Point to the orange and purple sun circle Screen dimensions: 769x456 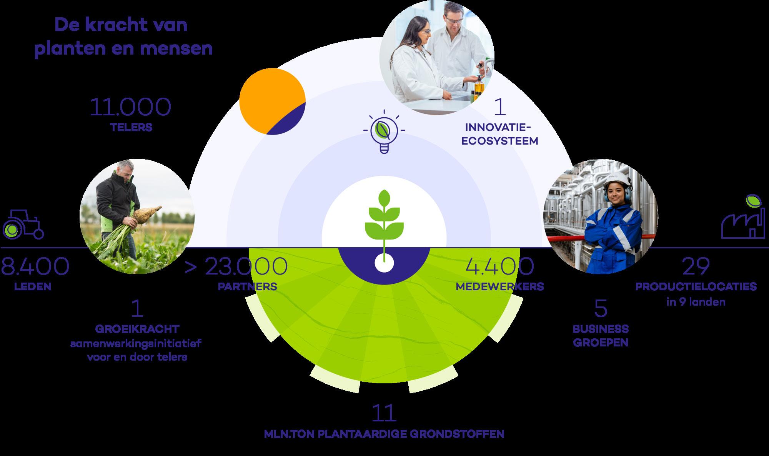272,102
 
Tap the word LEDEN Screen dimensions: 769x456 32,287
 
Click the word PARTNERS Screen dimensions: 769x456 247,287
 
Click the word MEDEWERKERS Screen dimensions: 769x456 499,287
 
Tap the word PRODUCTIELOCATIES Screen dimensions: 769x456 696,287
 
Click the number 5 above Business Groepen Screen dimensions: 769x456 600,309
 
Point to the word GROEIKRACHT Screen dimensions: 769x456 137,329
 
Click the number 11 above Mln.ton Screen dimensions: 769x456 384,413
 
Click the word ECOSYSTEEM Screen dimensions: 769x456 499,141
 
